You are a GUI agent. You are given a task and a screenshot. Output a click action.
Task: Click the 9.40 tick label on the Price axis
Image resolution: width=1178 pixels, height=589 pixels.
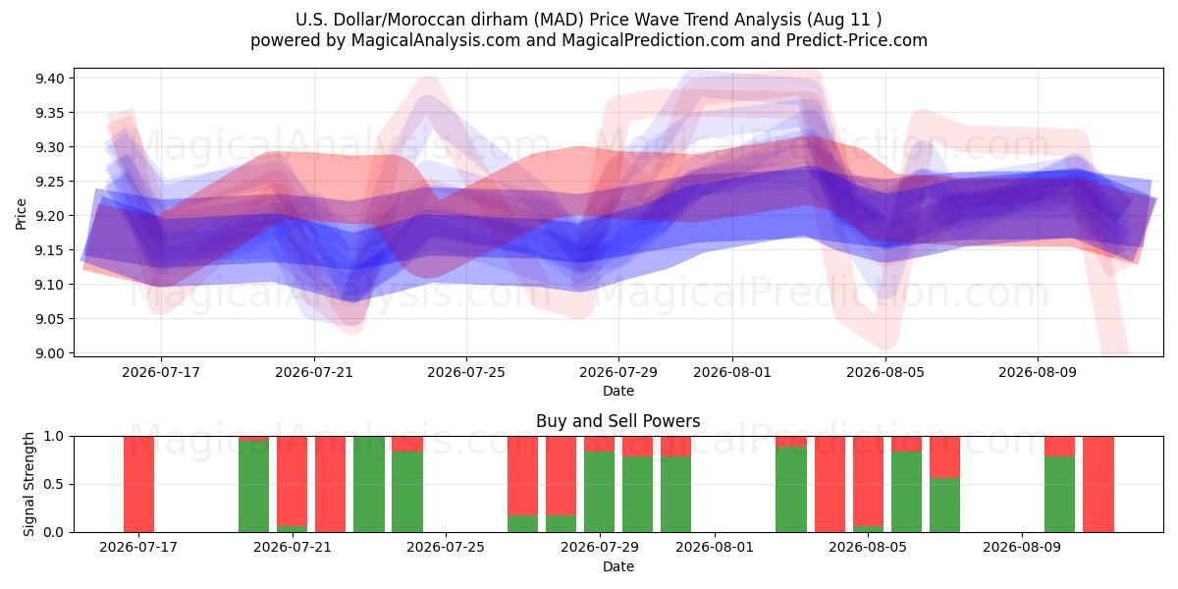pos(49,79)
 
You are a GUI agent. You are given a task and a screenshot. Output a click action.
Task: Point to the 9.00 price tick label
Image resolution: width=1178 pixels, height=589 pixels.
pos(49,353)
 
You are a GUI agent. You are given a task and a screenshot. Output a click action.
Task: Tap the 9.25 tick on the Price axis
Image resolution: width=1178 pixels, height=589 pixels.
pos(49,182)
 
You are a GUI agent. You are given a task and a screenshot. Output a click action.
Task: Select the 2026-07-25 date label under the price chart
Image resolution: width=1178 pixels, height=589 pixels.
pos(466,372)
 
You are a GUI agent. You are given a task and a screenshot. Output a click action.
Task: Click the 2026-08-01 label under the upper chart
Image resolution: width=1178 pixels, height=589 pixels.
pos(732,372)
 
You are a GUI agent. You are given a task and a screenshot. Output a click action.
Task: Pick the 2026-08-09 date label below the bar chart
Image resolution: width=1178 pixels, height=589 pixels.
pos(1022,547)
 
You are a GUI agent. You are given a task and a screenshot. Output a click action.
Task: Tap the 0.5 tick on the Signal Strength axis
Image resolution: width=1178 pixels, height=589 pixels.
pos(54,484)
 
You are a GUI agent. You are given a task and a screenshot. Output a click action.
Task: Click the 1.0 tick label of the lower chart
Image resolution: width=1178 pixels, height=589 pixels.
pos(54,437)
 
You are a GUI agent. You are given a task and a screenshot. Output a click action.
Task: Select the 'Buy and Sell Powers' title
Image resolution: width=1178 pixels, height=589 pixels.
pos(617,421)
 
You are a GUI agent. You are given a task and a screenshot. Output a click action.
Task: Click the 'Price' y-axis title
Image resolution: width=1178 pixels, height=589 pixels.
pos(21,214)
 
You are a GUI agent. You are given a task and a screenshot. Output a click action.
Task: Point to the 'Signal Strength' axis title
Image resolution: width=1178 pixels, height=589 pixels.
pos(28,484)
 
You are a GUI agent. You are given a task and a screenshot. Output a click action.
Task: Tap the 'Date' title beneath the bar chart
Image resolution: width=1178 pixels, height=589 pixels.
pos(617,566)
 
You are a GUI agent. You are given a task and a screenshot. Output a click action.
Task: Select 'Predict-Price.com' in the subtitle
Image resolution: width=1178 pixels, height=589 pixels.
pos(857,40)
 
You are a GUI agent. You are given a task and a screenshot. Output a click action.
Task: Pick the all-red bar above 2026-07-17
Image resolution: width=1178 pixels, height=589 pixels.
pos(138,484)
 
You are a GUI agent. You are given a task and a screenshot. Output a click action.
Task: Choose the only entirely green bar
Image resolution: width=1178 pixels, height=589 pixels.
pos(369,484)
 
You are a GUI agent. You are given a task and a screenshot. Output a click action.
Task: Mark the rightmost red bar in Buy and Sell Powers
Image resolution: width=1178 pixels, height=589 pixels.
pos(1098,484)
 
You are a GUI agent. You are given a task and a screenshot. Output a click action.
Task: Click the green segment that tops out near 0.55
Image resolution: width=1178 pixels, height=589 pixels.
pos(944,505)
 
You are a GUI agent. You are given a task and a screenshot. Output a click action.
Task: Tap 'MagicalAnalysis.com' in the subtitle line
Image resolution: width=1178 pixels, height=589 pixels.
pos(436,40)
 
